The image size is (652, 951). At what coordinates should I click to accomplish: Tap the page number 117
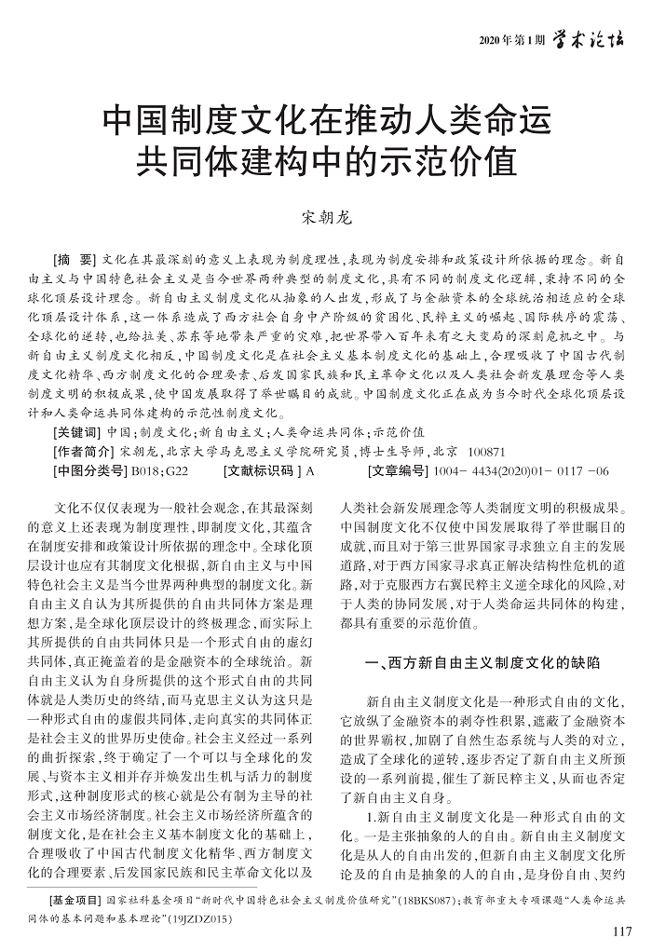[x=624, y=932]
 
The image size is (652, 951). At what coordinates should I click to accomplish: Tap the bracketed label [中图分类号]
[x=91, y=471]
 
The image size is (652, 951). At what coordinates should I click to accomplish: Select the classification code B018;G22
[x=159, y=471]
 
